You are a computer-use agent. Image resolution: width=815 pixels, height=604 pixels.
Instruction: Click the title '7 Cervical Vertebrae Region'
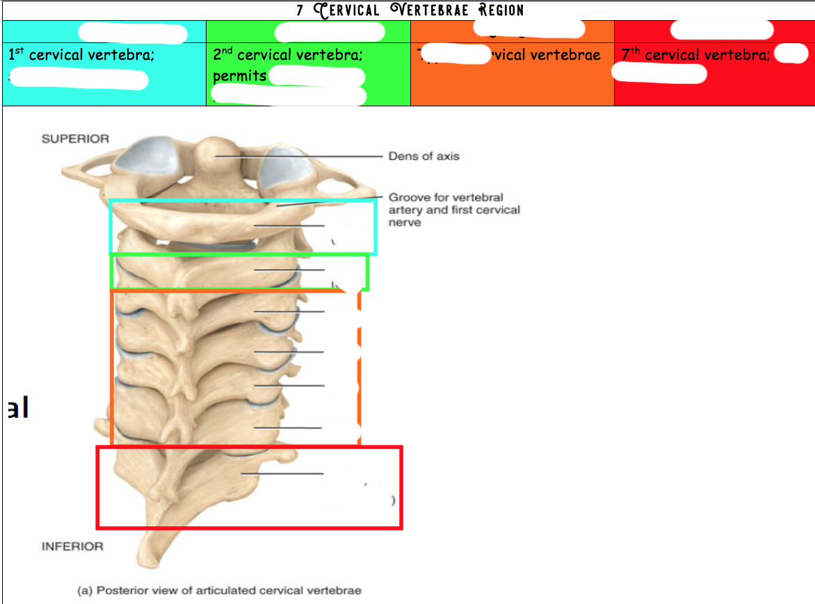[x=409, y=10]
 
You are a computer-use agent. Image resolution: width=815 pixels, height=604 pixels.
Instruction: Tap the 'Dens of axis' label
[x=423, y=156]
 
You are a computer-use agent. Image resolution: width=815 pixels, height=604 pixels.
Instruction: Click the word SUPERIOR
[x=75, y=139]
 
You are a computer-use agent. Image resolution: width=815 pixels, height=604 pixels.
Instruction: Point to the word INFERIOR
[x=72, y=546]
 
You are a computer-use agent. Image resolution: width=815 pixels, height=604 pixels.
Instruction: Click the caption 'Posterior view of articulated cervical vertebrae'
[x=219, y=591]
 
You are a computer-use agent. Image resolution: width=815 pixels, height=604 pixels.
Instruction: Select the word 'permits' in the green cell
[x=239, y=76]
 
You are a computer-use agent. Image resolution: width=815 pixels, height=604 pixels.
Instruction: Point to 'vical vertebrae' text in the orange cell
[x=544, y=55]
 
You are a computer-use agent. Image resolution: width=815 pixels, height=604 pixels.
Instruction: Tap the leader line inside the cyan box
[x=289, y=226]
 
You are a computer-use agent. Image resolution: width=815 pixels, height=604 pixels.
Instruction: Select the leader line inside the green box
[x=289, y=269]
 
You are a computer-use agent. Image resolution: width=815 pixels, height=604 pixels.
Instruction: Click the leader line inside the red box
[x=282, y=474]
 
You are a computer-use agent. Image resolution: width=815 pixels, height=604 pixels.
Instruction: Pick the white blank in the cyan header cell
[x=132, y=33]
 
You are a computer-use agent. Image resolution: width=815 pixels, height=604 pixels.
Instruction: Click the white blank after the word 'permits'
[x=316, y=76]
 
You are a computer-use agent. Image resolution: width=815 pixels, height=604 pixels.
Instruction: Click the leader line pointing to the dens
[x=299, y=156]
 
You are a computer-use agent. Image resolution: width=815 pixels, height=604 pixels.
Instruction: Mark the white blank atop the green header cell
[x=330, y=32]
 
